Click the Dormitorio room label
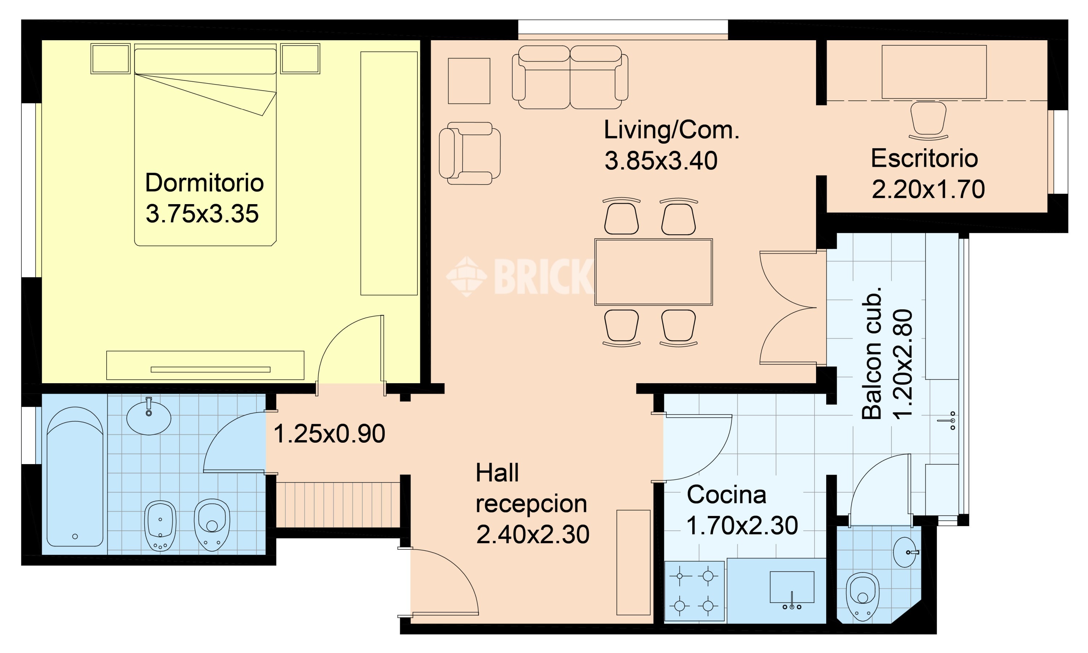pos(204,183)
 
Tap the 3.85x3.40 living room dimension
pos(661,161)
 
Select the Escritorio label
pos(924,158)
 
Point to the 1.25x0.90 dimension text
pos(329,434)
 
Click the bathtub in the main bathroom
pos(75,476)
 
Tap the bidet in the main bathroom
pos(160,526)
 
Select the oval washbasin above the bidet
pos(149,416)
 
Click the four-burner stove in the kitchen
pos(694,591)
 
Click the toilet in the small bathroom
pos(863,596)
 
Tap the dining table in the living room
pos(654,272)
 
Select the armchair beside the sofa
pos(470,153)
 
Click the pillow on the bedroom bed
pos(205,61)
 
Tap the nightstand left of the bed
pos(111,58)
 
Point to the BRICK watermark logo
pos(519,276)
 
